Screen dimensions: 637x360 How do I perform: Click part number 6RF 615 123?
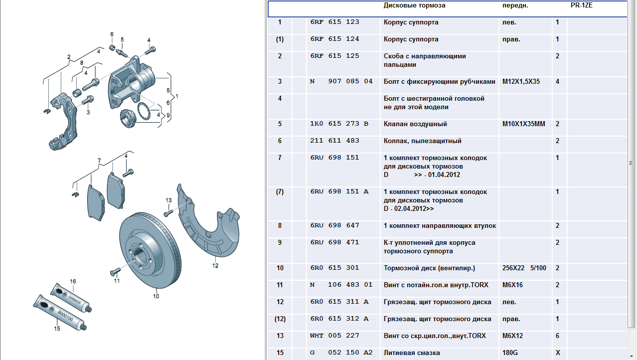(x=335, y=22)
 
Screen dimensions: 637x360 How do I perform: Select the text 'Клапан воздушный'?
(x=415, y=124)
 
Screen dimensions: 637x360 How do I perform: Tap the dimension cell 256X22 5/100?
(x=524, y=268)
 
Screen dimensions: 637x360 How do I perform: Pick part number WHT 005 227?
(x=334, y=336)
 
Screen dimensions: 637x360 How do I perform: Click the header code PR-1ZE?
(x=581, y=5)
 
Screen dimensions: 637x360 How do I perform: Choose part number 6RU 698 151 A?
(x=339, y=191)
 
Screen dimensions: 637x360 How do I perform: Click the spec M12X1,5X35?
(x=521, y=82)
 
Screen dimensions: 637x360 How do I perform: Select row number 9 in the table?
(x=280, y=242)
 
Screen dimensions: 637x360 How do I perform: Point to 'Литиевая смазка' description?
(x=412, y=353)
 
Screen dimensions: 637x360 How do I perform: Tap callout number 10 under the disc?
(x=156, y=296)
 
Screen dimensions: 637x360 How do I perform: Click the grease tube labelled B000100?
(x=60, y=313)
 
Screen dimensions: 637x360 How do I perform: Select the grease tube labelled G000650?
(x=71, y=298)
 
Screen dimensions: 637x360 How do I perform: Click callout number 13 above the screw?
(x=168, y=200)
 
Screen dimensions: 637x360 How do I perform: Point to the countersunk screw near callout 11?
(x=115, y=271)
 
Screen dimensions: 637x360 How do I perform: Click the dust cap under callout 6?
(x=112, y=47)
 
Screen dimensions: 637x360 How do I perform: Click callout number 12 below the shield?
(x=215, y=266)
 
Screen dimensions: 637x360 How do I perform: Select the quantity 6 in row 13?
(x=557, y=336)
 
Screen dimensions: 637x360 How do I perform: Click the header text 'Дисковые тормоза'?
(x=414, y=5)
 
